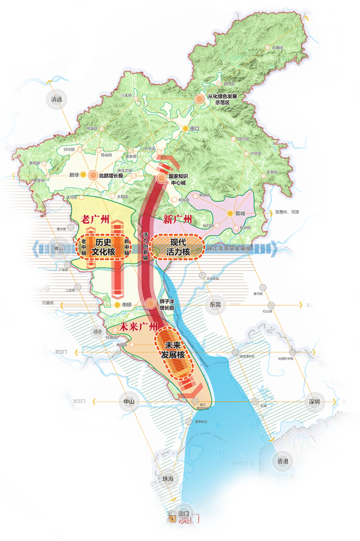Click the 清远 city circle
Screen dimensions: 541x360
57,100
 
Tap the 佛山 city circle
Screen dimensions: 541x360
58,247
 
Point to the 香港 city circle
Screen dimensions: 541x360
283,461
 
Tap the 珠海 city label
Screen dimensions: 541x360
167,478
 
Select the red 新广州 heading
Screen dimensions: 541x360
174,220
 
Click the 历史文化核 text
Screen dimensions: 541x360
103,247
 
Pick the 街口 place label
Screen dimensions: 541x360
194,128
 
